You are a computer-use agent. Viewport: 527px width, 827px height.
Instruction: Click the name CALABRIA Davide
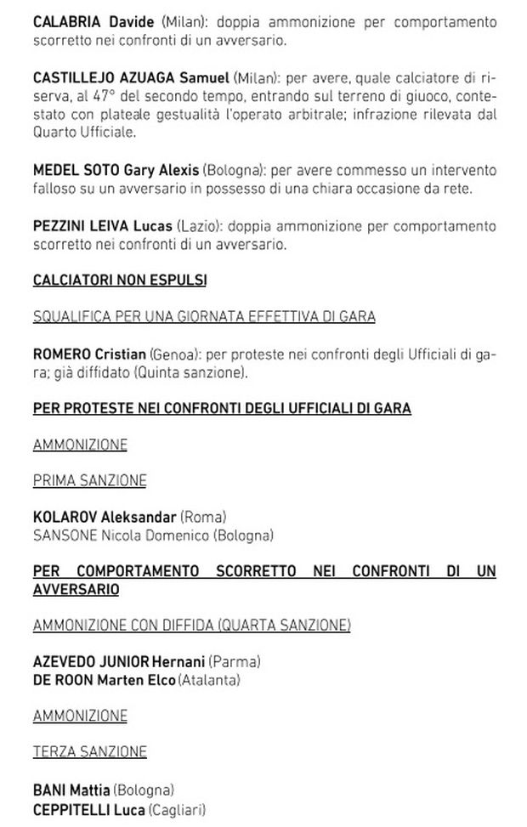pos(93,21)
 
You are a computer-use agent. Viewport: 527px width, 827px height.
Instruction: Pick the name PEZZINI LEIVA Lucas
pos(102,225)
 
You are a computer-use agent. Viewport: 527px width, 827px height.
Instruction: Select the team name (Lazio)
pos(198,225)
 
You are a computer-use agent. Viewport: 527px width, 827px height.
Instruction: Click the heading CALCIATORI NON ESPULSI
pos(119,280)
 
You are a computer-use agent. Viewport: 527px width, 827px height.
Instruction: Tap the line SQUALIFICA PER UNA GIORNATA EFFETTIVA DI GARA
pos(204,317)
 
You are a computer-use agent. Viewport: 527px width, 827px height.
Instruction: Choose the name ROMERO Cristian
pos(88,354)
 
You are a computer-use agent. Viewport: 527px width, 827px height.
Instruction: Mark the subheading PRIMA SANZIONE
pos(89,481)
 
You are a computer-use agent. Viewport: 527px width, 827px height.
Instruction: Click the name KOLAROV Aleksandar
pos(105,517)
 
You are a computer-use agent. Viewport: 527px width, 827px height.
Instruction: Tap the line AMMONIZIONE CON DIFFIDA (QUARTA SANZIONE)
pos(191,626)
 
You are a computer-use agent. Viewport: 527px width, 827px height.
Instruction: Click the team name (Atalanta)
pos(209,680)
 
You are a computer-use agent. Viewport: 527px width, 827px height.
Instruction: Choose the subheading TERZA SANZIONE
pos(89,752)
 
